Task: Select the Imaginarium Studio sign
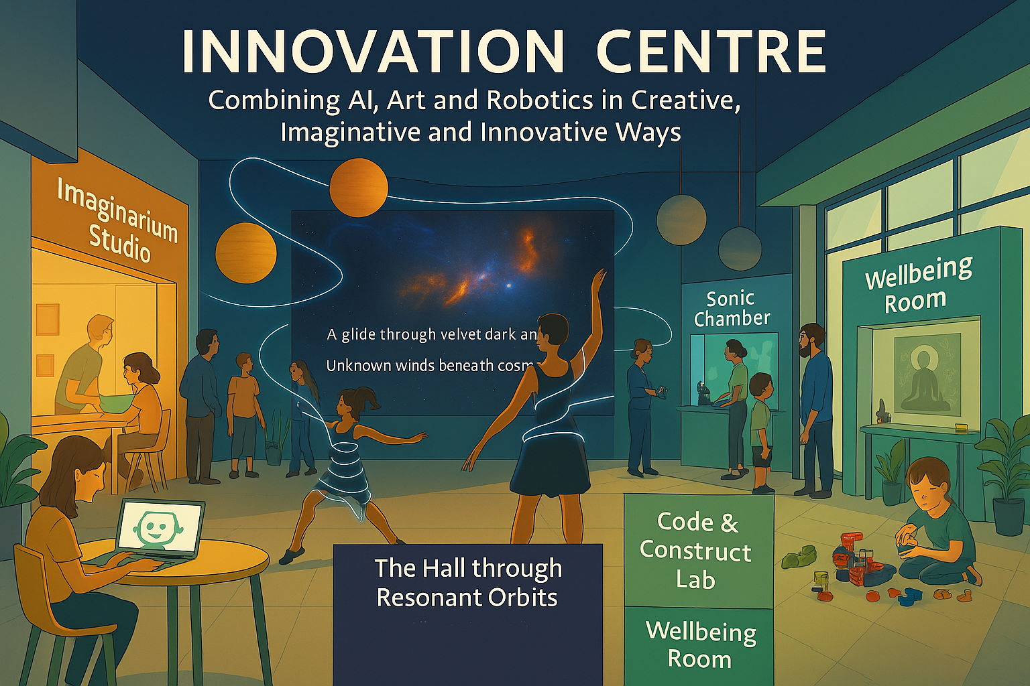pos(117,220)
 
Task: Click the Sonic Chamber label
pos(731,310)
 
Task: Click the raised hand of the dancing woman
pos(599,280)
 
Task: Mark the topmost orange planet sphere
pos(359,187)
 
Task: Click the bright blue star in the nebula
pos(508,285)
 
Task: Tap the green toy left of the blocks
pos(798,556)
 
